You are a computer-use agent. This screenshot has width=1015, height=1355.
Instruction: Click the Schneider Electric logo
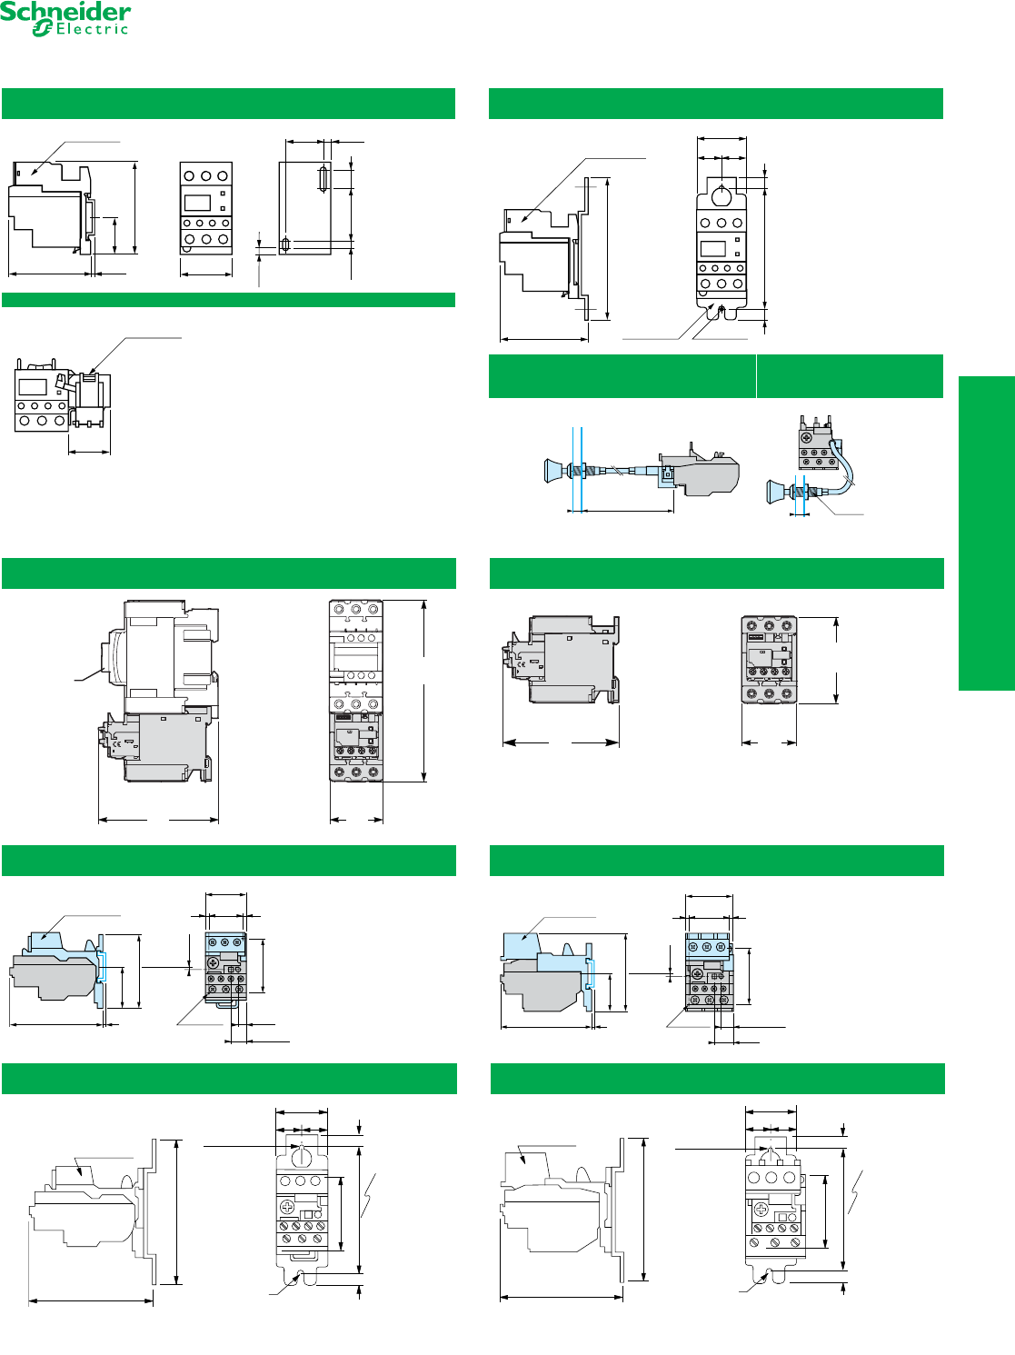point(65,18)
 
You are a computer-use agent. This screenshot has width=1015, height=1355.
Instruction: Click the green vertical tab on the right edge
point(986,533)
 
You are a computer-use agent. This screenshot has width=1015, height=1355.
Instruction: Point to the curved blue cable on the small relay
point(850,468)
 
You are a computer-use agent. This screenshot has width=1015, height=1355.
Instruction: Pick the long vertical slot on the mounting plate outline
point(322,178)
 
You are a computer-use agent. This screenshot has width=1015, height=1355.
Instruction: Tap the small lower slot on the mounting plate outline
point(286,244)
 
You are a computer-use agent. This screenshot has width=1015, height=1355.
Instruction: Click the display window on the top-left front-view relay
point(197,203)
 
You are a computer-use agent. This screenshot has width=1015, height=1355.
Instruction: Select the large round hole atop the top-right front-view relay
point(721,194)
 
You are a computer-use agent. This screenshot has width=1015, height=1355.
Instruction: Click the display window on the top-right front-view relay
point(712,248)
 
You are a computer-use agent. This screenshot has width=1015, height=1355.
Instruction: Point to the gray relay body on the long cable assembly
point(707,473)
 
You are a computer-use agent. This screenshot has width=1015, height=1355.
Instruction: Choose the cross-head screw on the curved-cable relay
point(806,438)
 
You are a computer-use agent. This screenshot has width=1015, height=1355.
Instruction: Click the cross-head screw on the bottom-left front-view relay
point(288,1207)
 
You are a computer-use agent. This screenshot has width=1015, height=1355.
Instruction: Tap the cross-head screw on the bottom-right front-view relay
point(761,1210)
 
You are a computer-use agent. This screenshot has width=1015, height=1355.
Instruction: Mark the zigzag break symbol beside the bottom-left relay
point(368,1197)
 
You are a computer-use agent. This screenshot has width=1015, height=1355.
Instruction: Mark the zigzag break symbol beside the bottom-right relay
point(855,1192)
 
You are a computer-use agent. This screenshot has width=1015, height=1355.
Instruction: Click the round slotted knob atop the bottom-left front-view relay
point(301,1155)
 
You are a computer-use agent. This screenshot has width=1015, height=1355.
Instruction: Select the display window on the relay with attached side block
point(33,387)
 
